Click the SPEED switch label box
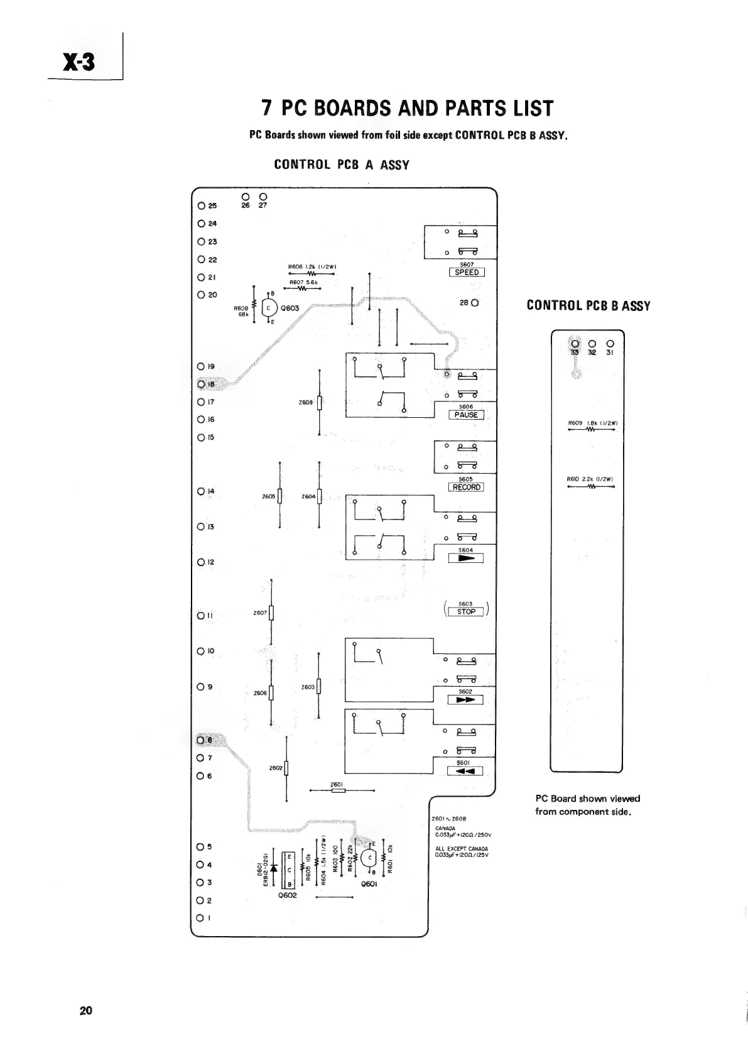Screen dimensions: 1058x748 click(x=467, y=272)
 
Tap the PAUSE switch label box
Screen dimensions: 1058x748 click(x=466, y=415)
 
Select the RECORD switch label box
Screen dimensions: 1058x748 click(x=466, y=487)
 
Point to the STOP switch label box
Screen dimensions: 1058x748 click(x=466, y=612)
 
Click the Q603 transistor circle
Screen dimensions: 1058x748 click(x=269, y=308)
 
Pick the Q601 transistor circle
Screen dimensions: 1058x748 click(x=370, y=858)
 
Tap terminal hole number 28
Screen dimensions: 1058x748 click(x=475, y=302)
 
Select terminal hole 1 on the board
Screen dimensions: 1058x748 click(x=200, y=917)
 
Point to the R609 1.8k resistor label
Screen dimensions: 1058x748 click(x=590, y=423)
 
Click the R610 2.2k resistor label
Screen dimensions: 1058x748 click(x=590, y=479)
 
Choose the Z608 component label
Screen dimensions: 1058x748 click(x=306, y=402)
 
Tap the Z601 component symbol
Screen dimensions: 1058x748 click(x=338, y=791)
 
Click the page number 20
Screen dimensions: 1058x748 click(x=86, y=1011)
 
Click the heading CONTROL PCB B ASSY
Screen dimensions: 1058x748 click(x=588, y=306)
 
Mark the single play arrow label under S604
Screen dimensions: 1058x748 click(x=465, y=558)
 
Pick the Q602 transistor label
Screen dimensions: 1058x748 click(x=288, y=895)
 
